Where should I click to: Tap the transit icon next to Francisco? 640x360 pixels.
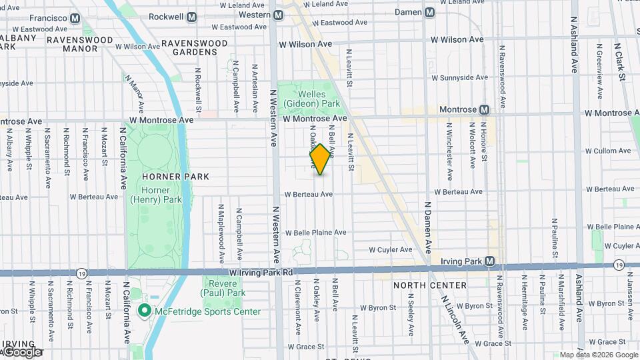75,18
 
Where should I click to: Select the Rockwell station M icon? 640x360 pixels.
192,16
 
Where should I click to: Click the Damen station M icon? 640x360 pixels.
429,13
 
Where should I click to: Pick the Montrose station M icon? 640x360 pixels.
485,109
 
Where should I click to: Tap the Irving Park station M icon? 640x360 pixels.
490,261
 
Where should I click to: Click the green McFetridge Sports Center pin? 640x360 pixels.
143,311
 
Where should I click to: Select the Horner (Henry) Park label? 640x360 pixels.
155,195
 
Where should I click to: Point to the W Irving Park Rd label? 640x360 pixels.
261,273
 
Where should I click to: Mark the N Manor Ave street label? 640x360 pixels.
132,93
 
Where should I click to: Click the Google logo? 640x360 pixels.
22,352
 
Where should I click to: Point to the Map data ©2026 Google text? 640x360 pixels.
598,355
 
